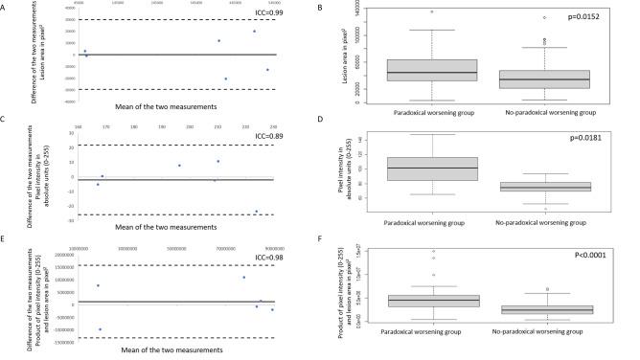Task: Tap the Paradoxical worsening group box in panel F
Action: (x=432, y=301)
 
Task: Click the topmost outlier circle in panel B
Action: (x=432, y=11)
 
